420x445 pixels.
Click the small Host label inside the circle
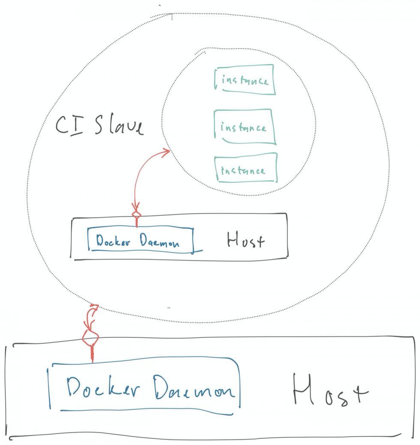tap(246, 240)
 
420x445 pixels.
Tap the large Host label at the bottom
tap(330, 390)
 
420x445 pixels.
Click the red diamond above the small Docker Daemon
tap(137, 213)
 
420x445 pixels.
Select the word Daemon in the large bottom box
tap(195, 387)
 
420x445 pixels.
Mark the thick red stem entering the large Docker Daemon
tap(92, 353)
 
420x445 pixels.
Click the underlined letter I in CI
tap(77, 125)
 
